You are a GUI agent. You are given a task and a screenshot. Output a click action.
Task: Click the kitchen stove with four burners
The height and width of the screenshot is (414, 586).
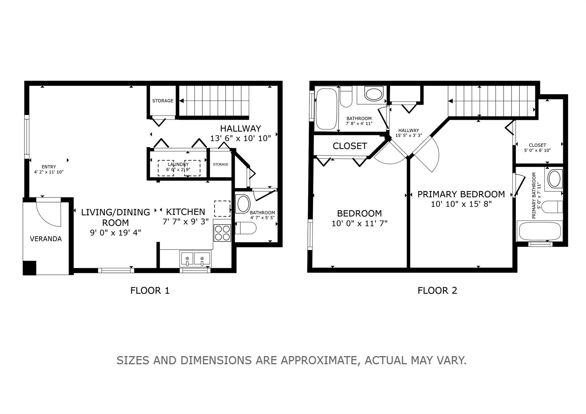pos(222,233)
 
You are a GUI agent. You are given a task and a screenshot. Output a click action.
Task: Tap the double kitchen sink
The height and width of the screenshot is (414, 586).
pos(195,259)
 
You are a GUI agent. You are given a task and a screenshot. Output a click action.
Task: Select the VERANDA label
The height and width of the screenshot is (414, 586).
pos(46,239)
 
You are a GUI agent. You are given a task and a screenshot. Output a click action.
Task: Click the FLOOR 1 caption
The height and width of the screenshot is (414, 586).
pos(150,291)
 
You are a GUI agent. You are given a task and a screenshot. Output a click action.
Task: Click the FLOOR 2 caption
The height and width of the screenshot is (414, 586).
pos(437,291)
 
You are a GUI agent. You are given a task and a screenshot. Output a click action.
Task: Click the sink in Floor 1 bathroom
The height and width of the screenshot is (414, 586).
pos(243,204)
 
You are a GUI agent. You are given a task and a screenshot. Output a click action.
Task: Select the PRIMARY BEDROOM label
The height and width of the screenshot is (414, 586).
pos(461,194)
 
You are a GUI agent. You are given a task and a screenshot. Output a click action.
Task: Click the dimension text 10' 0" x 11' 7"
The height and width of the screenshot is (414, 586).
pos(359,223)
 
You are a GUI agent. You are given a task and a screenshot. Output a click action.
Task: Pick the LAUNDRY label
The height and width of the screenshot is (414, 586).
pos(178,165)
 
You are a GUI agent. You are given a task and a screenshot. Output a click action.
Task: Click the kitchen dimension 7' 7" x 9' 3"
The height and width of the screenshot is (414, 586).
pos(186,222)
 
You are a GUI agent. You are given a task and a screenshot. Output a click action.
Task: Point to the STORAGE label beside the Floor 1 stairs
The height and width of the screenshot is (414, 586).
pos(163,101)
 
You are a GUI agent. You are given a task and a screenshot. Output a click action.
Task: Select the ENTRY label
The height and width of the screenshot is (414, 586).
pos(49,167)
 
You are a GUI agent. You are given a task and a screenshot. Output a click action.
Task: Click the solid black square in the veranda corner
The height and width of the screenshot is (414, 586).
pos(29,268)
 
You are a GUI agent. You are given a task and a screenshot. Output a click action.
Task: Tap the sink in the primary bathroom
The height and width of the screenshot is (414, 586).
pos(555,179)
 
